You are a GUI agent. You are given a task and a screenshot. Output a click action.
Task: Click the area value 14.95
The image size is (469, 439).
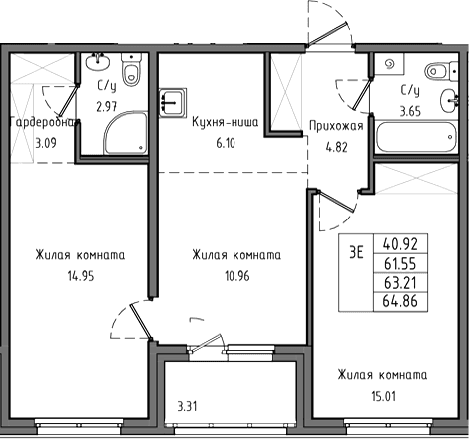[81, 276]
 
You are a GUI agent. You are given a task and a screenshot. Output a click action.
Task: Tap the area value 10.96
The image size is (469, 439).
[237, 276]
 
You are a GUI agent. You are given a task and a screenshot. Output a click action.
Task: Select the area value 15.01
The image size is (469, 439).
[383, 396]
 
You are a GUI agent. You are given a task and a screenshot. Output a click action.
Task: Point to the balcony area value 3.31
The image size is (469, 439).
[187, 406]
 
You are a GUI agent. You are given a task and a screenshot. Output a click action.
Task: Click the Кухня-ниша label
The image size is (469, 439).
[226, 123]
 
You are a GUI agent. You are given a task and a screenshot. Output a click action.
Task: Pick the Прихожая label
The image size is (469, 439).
[336, 126]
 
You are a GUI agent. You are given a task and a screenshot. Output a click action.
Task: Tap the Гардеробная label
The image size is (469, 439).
[45, 123]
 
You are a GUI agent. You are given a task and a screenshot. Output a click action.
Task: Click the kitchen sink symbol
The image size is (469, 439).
[173, 103]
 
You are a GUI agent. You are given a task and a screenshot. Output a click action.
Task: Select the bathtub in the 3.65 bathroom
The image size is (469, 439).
[415, 137]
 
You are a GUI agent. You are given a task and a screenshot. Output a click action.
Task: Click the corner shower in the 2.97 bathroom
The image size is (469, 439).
[126, 133]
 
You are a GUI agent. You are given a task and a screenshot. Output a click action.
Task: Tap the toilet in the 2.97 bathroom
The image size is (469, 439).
[131, 69]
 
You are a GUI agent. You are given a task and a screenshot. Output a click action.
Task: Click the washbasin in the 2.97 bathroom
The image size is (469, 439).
[97, 61]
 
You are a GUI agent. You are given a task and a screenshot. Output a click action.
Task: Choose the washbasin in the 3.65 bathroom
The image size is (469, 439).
[449, 100]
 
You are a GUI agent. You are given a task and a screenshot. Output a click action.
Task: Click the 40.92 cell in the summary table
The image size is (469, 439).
[400, 244]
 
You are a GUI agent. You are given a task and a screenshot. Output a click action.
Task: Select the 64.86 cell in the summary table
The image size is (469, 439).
[400, 302]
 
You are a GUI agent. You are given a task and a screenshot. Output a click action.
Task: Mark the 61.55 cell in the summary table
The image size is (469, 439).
[400, 263]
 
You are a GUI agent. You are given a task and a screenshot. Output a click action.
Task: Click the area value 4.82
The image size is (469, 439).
[337, 147]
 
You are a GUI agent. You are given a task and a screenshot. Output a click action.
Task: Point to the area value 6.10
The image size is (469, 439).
[226, 144]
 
